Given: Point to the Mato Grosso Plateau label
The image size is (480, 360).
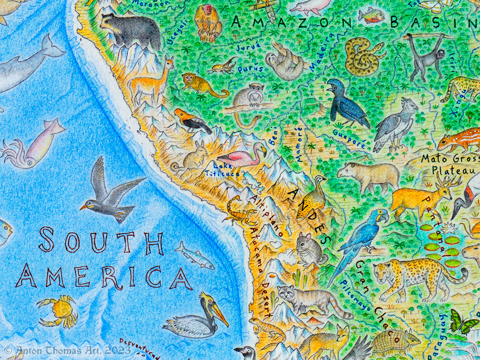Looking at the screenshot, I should click(450, 164).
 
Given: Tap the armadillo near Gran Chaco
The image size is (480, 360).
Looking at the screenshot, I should click(394, 342).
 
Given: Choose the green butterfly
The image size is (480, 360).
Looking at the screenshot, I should click(462, 322).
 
